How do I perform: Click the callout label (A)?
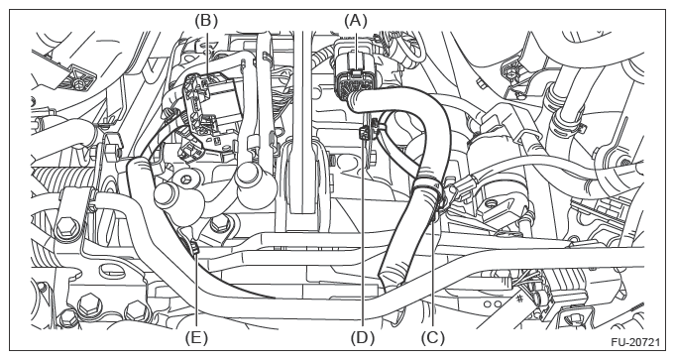pos(356,20)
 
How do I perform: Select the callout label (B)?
pos(206,20)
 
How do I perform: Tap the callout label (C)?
pos(432,338)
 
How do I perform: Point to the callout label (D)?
pos(363,338)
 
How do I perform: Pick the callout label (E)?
pos(196,338)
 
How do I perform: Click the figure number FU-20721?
pos(634,343)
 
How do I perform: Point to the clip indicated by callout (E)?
pos(194,248)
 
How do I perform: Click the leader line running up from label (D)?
pos(363,231)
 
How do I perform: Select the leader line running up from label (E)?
pos(196,292)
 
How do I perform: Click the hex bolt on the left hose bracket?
pos(65,227)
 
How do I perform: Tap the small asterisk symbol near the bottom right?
pos(519,298)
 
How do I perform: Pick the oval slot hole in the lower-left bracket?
pos(110,272)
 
